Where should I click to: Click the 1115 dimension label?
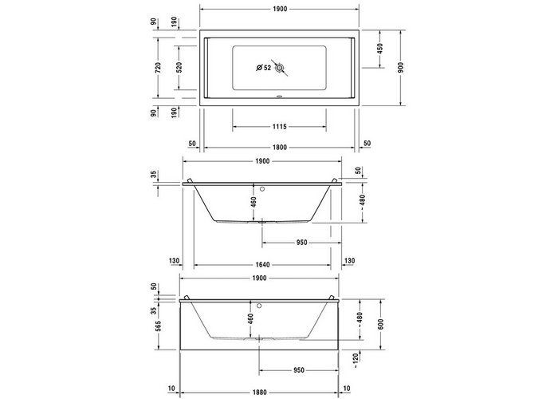pyautogui.click(x=279, y=126)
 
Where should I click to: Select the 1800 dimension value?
pyautogui.click(x=280, y=148)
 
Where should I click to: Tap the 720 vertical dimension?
pyautogui.click(x=158, y=67)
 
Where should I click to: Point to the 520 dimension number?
pyautogui.click(x=179, y=67)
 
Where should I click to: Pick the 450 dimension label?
pyautogui.click(x=380, y=49)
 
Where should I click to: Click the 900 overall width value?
pyautogui.click(x=401, y=67)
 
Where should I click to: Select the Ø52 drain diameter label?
pyautogui.click(x=264, y=67)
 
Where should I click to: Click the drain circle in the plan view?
pyautogui.click(x=280, y=67)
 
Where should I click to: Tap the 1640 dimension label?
pyautogui.click(x=262, y=265)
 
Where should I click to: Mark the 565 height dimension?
pyautogui.click(x=158, y=326)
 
